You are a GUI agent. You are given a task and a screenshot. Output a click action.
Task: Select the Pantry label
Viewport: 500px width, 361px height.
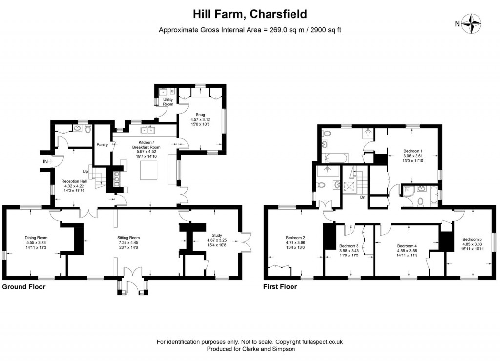(102, 144)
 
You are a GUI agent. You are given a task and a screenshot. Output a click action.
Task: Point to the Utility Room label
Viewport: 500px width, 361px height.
(168, 102)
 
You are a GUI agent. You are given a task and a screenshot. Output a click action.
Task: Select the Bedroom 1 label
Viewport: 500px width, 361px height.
(413, 151)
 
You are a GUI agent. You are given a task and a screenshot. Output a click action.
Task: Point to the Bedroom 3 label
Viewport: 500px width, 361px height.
(349, 246)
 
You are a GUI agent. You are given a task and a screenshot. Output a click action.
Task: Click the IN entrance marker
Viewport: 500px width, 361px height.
(45, 161)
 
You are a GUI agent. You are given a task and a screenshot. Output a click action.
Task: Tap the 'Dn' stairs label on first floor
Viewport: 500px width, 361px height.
(363, 197)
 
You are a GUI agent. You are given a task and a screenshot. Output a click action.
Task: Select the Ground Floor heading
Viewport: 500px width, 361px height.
(24, 287)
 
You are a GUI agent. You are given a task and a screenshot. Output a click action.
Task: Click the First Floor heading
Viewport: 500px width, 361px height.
(280, 287)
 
